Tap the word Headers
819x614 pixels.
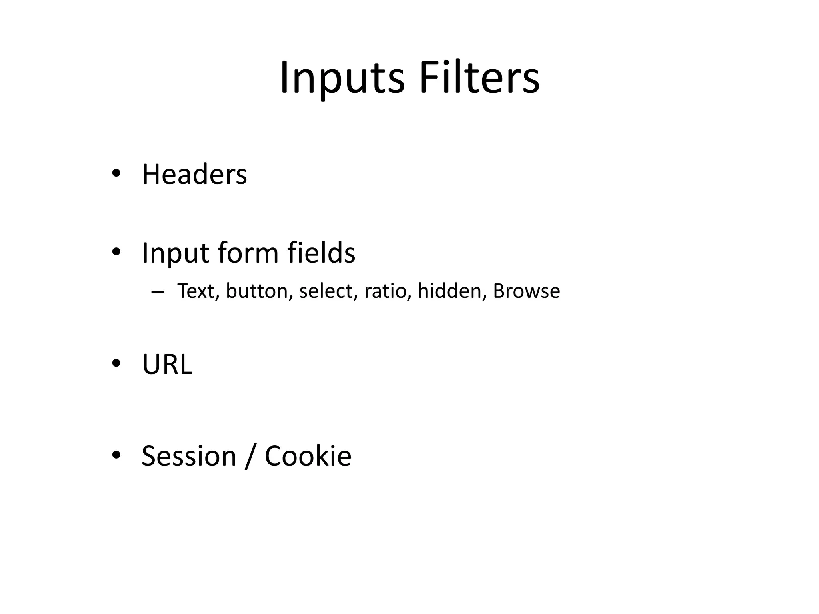(194, 175)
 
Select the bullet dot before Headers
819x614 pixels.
(116, 173)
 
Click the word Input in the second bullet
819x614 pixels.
(176, 253)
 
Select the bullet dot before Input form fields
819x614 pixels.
(116, 252)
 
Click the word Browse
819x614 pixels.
(526, 291)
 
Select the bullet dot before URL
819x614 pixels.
(116, 363)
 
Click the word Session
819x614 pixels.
(189, 456)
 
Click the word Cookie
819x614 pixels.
(308, 456)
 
